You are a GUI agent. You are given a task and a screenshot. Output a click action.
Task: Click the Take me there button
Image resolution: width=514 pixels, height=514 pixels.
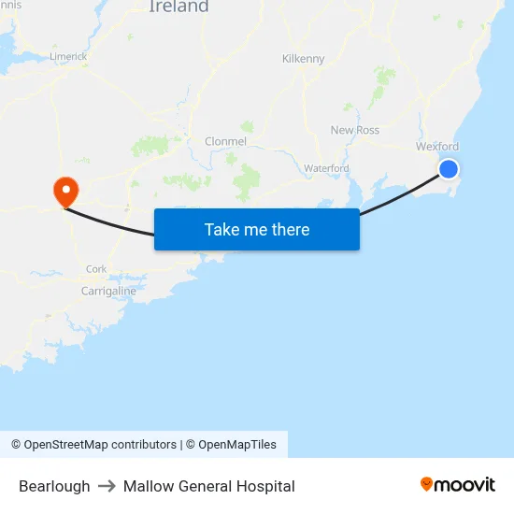coord(257,230)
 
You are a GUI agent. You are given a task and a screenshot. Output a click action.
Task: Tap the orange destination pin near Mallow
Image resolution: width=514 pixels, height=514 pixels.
coord(66,192)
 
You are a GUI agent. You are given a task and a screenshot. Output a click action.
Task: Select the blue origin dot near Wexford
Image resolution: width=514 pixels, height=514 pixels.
coord(449,168)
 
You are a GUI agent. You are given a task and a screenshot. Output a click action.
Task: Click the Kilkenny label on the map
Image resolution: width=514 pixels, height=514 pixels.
coord(303,59)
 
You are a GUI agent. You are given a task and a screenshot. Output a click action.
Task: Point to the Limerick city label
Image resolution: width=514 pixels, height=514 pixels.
coord(68,56)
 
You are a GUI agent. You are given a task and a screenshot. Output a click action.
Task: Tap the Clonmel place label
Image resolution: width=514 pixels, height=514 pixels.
coord(225,141)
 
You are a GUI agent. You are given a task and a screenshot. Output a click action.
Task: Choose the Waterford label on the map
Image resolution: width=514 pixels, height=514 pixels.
coord(326,168)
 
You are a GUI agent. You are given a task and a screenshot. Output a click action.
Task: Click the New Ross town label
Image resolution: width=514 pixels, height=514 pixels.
coord(355,130)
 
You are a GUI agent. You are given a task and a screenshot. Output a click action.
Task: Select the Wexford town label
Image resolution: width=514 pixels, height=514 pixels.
coord(436,147)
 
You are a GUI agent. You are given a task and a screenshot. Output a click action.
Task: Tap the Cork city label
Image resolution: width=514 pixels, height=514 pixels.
coord(96,269)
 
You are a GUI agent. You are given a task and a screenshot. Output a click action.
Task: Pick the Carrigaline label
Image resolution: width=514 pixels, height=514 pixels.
coord(108,291)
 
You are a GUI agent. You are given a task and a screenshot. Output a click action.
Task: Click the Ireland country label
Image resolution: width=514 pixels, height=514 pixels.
coord(178,7)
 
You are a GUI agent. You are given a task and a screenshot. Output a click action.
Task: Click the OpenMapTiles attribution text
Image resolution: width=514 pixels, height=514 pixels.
coord(237,445)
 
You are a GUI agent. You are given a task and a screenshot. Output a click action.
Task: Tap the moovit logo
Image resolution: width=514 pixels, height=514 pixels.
coord(457,484)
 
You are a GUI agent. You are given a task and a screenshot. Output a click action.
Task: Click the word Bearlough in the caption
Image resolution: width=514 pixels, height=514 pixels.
coord(54,486)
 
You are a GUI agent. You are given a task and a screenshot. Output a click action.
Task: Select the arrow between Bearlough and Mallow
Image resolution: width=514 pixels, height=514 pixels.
coord(107,486)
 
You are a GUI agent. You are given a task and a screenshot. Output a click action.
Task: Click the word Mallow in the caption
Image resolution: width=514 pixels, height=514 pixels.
coord(147,486)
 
